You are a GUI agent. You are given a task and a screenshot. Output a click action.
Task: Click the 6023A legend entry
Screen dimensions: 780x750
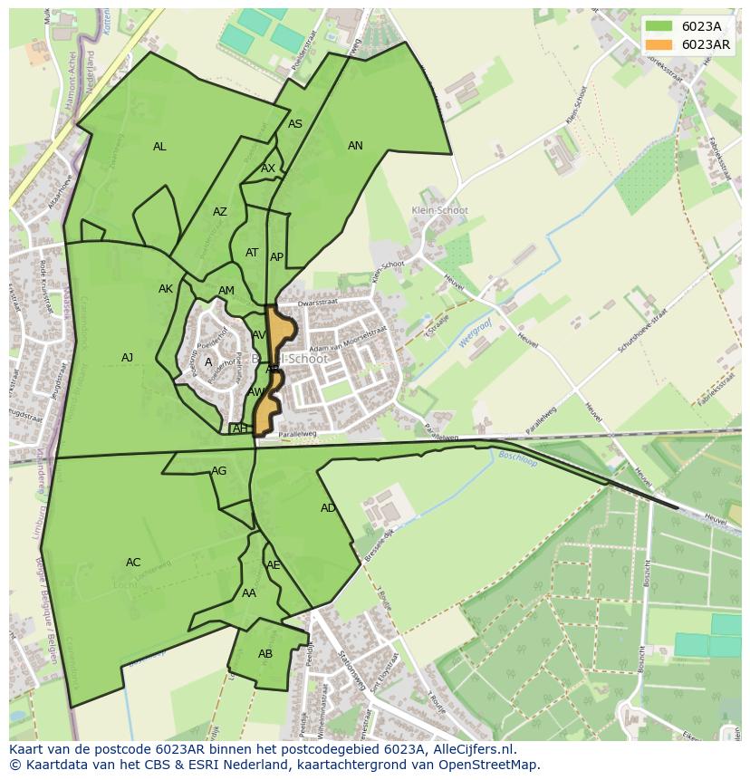click(x=687, y=26)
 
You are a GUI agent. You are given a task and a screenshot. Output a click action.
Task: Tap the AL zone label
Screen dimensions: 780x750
click(x=159, y=147)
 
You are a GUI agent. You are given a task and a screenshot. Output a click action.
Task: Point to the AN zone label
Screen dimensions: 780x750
click(x=355, y=146)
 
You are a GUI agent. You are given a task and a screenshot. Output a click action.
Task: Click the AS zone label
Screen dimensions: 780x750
click(x=295, y=124)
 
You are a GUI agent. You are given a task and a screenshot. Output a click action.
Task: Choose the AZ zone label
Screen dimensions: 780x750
click(x=220, y=212)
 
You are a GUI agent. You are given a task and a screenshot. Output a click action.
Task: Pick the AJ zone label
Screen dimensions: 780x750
click(x=128, y=358)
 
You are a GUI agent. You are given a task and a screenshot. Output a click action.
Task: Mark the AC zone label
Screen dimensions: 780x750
click(x=133, y=563)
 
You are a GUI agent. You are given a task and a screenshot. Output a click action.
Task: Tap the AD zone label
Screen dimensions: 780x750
click(x=328, y=508)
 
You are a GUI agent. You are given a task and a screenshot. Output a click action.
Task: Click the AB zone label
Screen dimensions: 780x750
click(x=265, y=654)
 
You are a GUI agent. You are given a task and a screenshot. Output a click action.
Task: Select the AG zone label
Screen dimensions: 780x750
click(x=219, y=471)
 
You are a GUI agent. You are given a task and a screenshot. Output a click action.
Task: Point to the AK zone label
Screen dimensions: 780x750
click(x=166, y=289)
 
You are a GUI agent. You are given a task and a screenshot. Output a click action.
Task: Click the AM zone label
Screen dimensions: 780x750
click(x=226, y=291)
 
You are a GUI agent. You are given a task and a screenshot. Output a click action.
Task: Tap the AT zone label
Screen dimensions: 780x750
click(x=252, y=253)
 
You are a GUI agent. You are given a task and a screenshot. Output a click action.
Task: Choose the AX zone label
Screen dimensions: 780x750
click(x=268, y=169)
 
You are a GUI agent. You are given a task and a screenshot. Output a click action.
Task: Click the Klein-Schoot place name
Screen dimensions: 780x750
click(x=439, y=210)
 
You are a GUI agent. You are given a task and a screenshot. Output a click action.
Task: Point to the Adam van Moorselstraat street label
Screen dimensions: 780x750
click(x=348, y=349)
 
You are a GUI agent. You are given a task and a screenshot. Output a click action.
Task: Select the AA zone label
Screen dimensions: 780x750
click(x=249, y=593)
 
